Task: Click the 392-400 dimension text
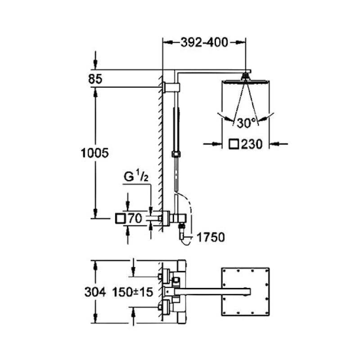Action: click(204, 42)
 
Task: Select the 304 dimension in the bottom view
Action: click(95, 292)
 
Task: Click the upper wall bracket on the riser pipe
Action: click(171, 86)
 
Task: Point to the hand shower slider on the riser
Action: click(176, 154)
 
